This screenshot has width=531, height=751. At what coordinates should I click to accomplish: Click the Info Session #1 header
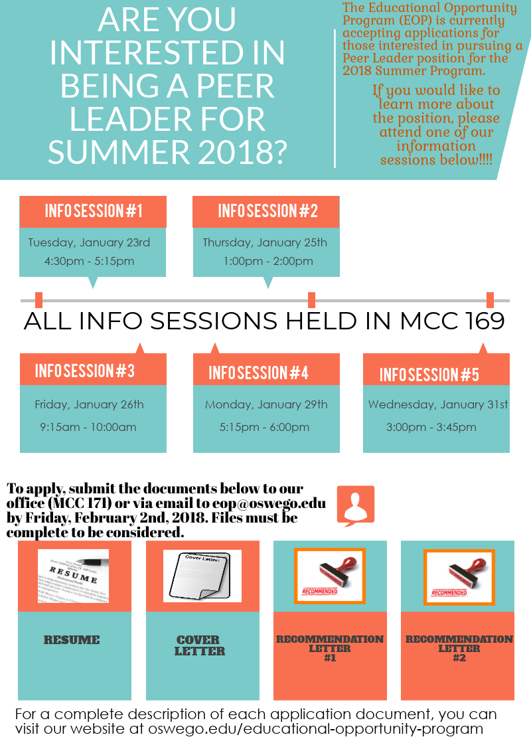94,211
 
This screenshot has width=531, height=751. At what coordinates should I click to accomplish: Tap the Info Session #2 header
267,211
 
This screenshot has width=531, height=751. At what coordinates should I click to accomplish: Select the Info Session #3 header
85,371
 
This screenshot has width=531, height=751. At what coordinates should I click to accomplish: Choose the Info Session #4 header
258,373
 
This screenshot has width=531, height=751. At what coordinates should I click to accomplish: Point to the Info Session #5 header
429,375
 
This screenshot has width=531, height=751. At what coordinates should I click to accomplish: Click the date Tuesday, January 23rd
89,242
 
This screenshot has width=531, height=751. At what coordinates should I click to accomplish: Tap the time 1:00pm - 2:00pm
268,261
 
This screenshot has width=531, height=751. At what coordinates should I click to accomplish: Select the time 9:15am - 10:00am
88,427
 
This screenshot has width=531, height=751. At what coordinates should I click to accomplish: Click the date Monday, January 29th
266,404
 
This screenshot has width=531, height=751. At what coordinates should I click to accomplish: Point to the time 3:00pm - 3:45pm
431,427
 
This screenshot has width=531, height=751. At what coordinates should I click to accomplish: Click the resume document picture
73,576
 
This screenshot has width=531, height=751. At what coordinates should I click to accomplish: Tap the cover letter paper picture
202,576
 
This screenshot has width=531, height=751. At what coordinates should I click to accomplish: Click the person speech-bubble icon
356,505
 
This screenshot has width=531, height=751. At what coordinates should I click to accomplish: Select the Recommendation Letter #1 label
330,648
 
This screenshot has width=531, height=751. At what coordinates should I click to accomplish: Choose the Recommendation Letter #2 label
459,648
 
